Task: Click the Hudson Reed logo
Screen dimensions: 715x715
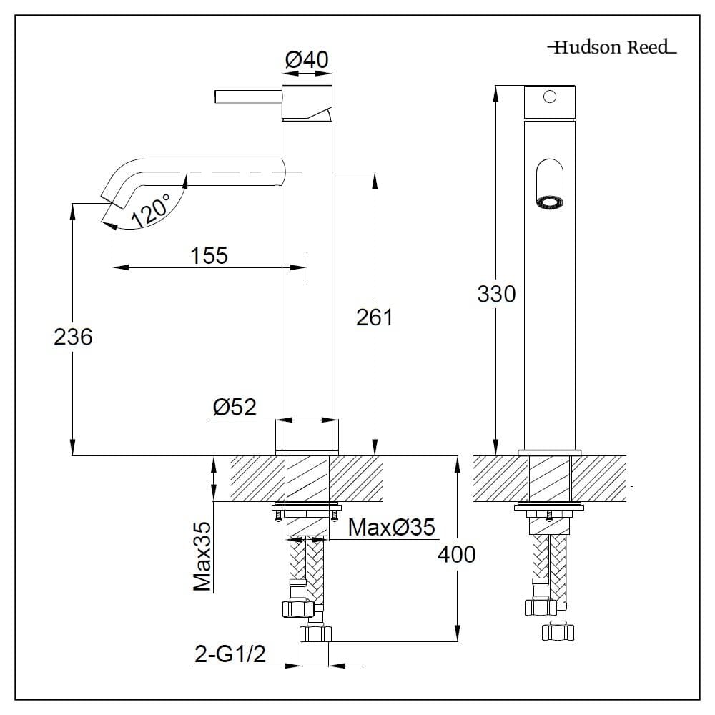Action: coord(612,47)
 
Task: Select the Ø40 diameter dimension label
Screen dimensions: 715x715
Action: coord(307,60)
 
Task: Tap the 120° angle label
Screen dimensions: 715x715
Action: coord(151,211)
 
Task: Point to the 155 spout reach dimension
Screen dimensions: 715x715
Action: coord(209,255)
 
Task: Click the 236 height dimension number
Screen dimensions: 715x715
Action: coord(73,337)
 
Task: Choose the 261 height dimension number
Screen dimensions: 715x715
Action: coord(375,317)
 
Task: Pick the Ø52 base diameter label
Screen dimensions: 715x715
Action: coord(235,408)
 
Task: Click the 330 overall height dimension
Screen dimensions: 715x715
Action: coord(497,294)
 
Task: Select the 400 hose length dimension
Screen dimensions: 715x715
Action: coord(456,555)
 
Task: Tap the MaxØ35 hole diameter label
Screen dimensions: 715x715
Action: coord(392,528)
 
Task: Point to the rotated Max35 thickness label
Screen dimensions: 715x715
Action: coord(202,556)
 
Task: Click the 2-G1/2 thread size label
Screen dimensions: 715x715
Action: coord(230,655)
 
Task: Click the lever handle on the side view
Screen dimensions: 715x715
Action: coord(249,97)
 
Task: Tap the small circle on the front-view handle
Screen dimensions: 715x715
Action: coord(549,97)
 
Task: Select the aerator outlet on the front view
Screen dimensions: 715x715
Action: coord(549,203)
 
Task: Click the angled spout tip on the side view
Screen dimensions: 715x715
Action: coord(112,198)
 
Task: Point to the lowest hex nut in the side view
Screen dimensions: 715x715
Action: coord(315,633)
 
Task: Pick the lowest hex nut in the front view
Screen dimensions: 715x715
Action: coord(558,633)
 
